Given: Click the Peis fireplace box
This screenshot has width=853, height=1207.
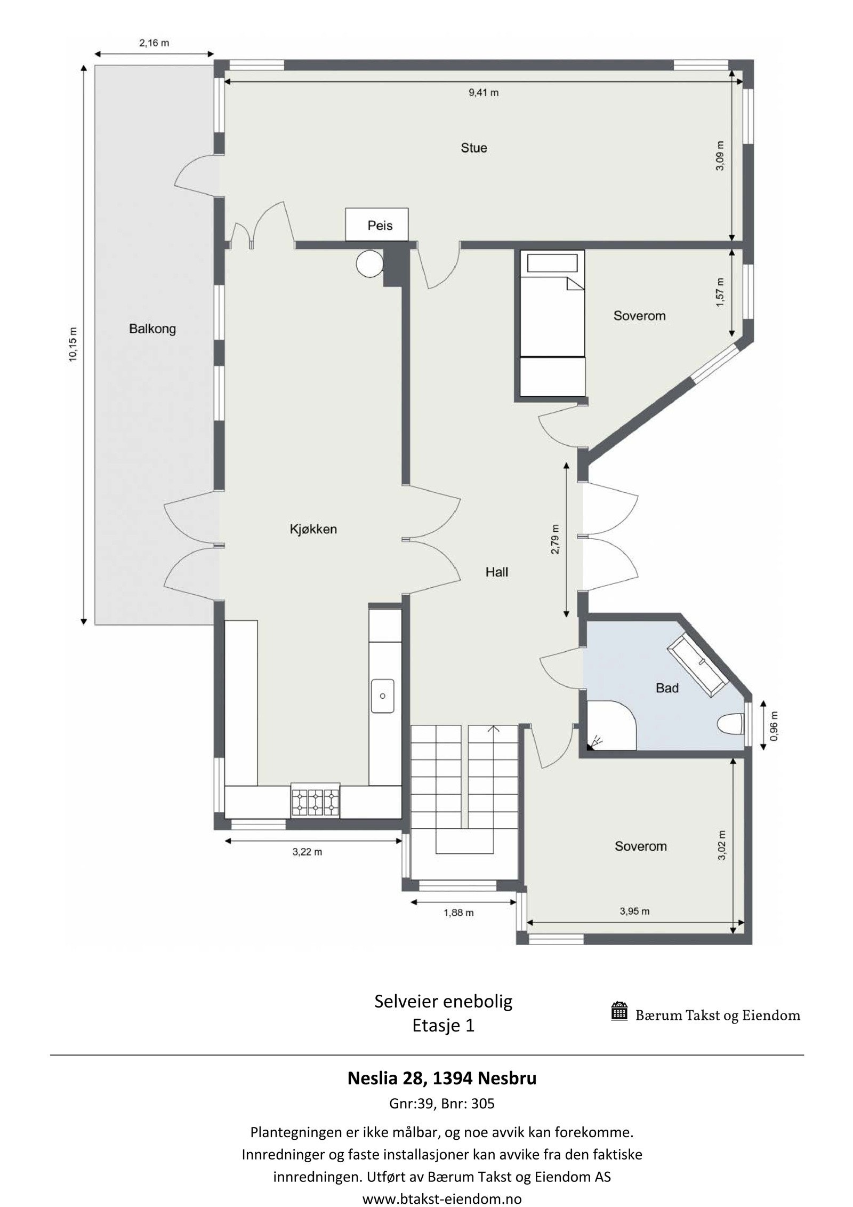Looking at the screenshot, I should pos(376,225).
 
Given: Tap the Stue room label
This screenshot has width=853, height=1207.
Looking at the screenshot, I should pos(473,148).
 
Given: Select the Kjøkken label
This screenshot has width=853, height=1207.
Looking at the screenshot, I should pos(313,529).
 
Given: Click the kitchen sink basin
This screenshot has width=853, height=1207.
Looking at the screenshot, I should pos(382,696).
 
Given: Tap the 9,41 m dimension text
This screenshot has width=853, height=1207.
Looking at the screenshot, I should pos(484,93).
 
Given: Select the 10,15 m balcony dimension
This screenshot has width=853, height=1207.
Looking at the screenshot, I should pos(73,345).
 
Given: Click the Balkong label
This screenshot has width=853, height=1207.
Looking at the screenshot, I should pos(152,329).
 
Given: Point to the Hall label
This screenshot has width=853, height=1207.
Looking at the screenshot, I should pos(496,572).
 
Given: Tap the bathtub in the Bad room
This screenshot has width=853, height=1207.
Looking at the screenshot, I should pos(698,666).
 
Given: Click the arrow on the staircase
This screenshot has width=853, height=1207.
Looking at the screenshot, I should pos(493,729).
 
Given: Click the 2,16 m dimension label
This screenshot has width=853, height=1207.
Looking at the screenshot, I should pos(154,43).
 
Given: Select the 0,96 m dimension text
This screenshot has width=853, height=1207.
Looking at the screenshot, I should pos(774,726).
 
